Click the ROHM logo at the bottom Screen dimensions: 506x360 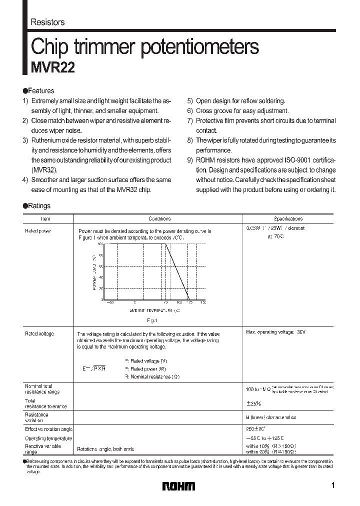coord(178,486)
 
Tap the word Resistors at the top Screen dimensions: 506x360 coord(47,22)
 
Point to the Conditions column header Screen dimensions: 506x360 coord(159,219)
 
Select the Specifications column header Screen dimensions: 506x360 coord(288,219)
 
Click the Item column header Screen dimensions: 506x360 coord(45,219)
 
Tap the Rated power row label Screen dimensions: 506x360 coord(38,231)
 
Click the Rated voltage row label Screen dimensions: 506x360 coord(39,333)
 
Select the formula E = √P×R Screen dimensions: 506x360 coord(94,368)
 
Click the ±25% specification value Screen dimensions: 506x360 coord(253,403)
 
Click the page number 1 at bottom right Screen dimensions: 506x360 coord(333,485)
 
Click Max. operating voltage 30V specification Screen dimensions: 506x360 coord(275,332)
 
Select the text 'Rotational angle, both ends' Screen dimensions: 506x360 coord(105,449)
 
